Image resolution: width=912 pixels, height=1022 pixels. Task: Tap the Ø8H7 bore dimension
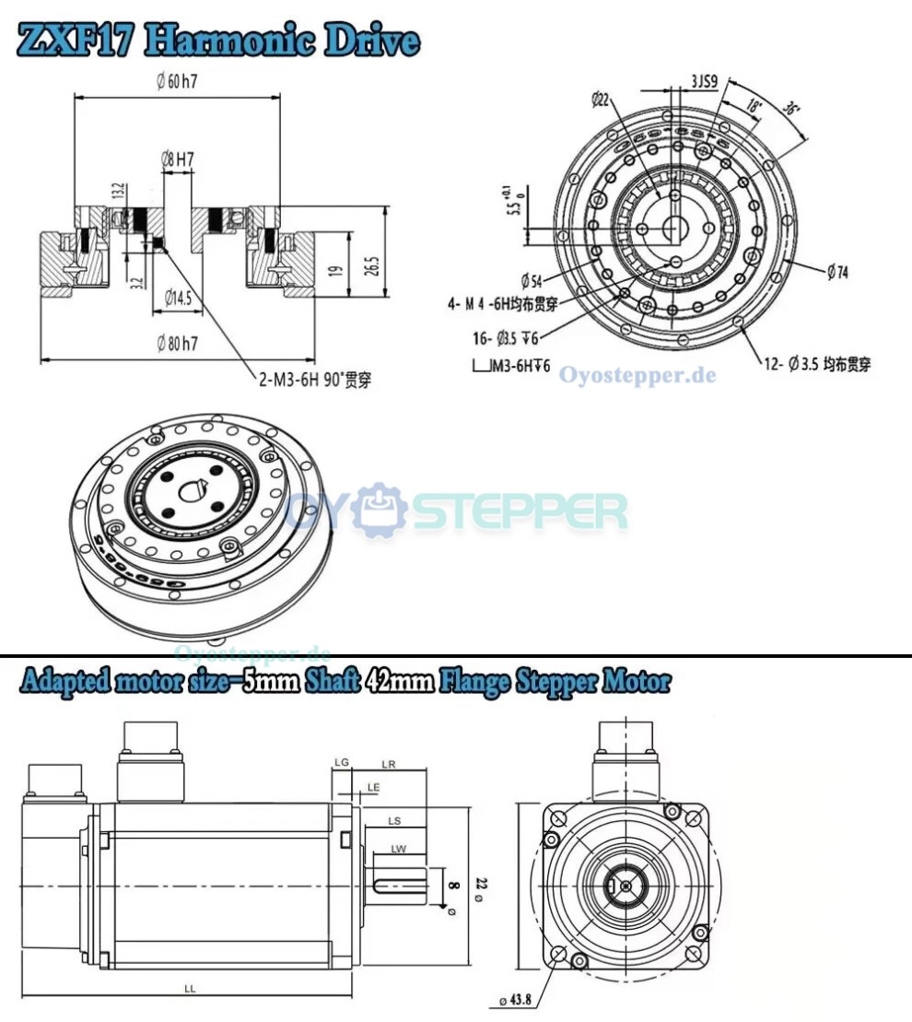[x=177, y=159]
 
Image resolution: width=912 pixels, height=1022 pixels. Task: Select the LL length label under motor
[x=189, y=988]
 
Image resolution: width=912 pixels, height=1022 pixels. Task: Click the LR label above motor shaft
[x=388, y=764]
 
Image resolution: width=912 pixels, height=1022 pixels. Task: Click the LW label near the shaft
[x=398, y=849]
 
